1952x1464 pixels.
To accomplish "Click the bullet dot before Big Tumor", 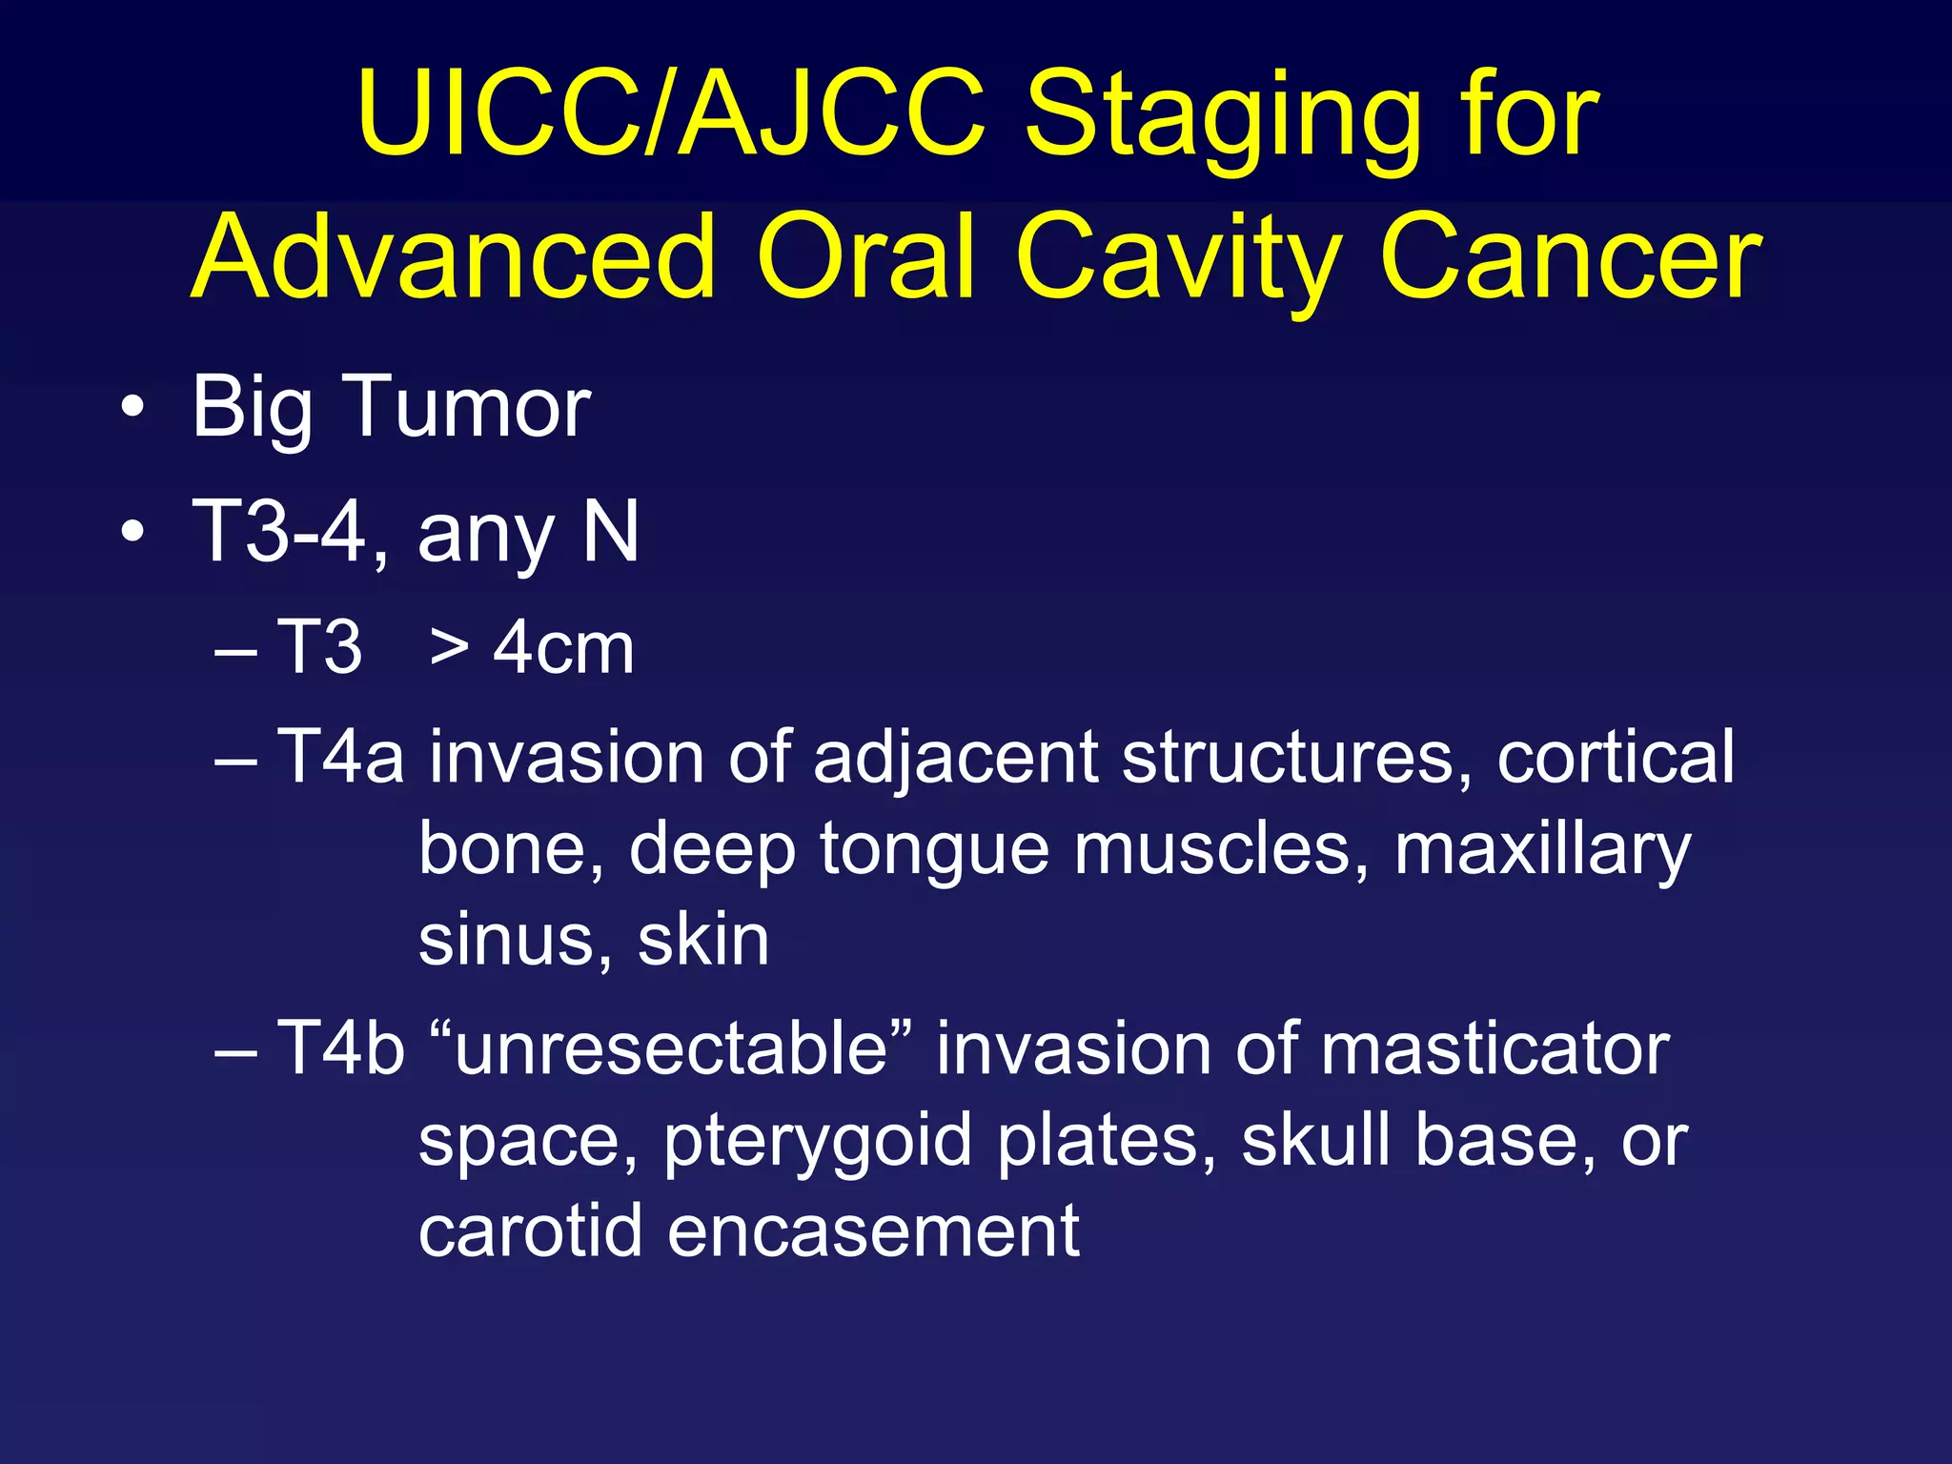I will coord(133,409).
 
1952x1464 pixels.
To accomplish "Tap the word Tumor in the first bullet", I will coord(471,407).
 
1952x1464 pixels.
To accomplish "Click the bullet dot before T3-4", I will coord(133,532).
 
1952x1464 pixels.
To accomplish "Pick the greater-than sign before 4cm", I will coord(449,648).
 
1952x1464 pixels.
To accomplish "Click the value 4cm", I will coord(563,648).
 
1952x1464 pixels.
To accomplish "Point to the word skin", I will coord(703,940).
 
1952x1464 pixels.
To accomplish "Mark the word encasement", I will coord(873,1230).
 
